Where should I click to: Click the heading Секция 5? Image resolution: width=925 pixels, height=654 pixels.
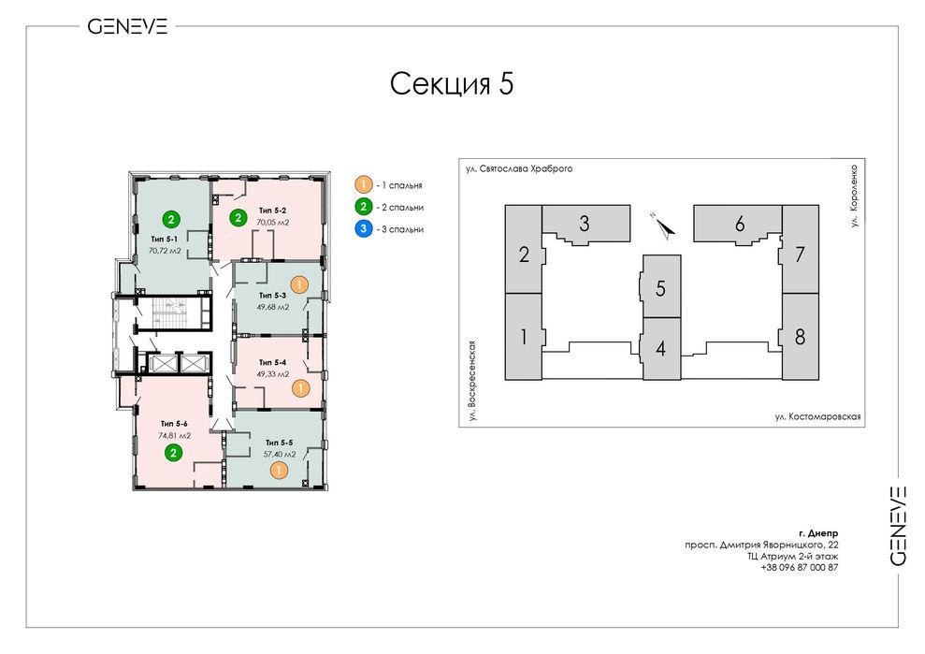pos(452,84)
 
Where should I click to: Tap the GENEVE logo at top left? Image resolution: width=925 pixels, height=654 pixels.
pos(127,26)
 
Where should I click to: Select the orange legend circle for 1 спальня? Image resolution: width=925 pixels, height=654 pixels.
pos(364,184)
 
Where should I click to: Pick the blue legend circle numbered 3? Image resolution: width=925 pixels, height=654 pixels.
pos(364,229)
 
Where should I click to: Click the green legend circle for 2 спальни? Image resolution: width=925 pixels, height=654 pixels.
pos(364,207)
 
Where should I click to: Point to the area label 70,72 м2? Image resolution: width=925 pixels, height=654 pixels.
pos(165,251)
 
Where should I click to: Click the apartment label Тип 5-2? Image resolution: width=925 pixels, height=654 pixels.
pos(272,211)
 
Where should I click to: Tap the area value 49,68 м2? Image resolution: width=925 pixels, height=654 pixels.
pos(273,307)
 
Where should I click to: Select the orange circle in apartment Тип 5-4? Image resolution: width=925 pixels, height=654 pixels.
pos(301,387)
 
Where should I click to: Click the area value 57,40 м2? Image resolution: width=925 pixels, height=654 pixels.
pos(280,455)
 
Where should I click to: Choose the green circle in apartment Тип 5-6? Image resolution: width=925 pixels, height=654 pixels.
pos(173,454)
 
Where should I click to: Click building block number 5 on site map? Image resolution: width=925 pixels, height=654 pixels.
pos(661,287)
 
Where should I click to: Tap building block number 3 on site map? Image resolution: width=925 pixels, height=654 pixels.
pos(585,223)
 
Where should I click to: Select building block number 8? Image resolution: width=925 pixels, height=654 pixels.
pos(800,337)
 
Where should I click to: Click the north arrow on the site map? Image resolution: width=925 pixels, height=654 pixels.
pos(665,226)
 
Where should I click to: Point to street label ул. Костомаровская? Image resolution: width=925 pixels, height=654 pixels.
pos(817,416)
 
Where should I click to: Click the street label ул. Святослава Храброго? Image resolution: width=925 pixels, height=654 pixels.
pos(518,168)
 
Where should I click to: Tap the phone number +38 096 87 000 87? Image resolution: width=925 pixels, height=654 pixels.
pos(800,567)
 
